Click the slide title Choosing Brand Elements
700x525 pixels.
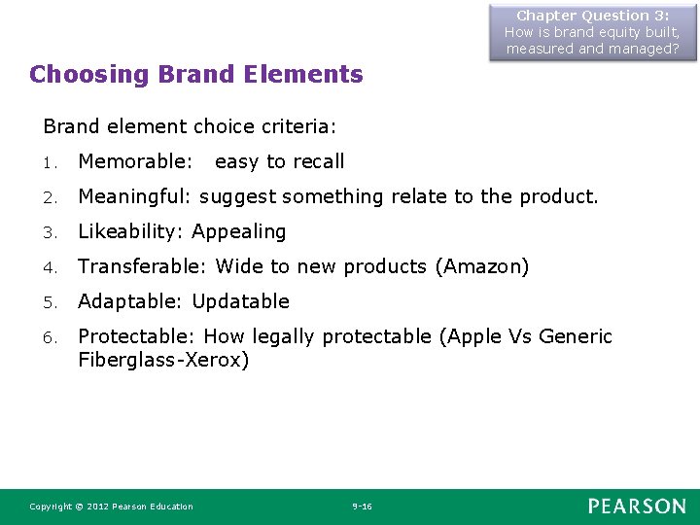point(195,74)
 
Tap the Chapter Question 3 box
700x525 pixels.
point(592,32)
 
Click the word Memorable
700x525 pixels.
point(133,161)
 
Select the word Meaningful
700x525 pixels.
point(135,196)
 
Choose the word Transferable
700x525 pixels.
point(142,266)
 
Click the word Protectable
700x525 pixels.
point(134,336)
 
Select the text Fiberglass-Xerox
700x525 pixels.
point(163,360)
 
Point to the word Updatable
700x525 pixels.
point(240,301)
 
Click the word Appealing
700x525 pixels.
point(239,231)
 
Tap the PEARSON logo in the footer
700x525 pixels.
point(636,506)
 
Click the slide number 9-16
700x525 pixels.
point(362,507)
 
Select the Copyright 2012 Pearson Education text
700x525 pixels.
point(111,507)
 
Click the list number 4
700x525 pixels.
point(49,267)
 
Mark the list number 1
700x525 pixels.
point(49,162)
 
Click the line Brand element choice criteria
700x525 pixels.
point(190,126)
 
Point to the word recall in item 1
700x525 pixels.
point(318,161)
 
